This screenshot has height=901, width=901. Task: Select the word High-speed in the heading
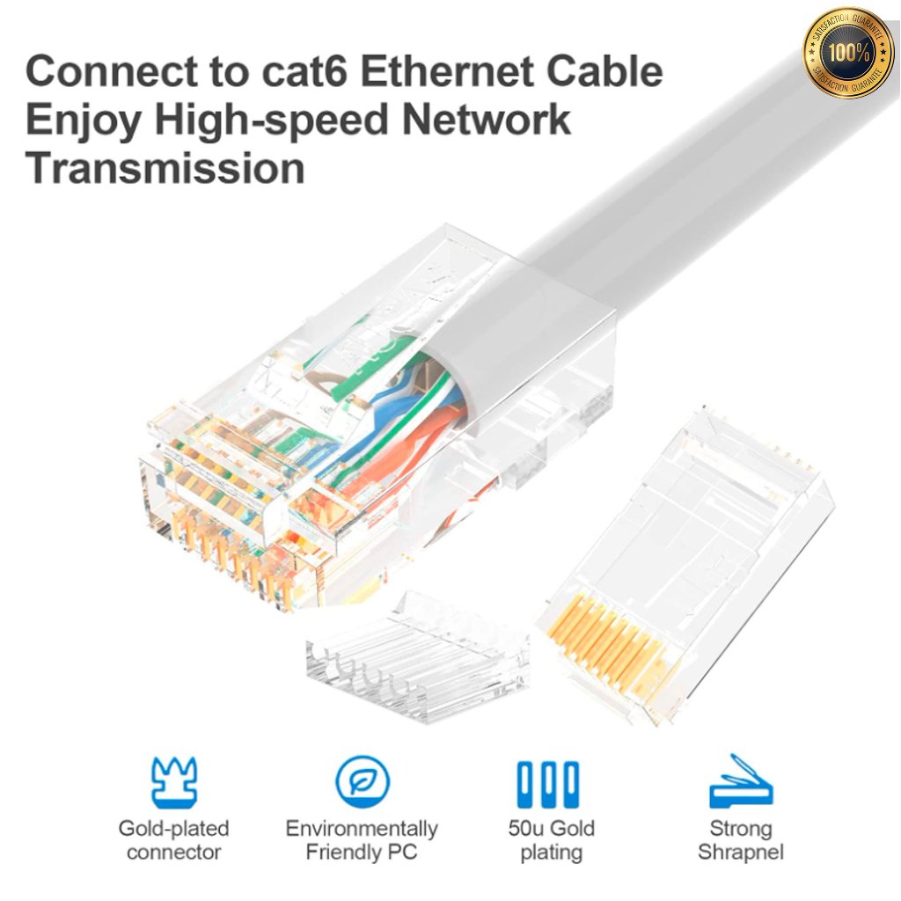[270, 119]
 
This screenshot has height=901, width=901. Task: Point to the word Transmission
[165, 167]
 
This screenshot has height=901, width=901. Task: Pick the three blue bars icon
[548, 783]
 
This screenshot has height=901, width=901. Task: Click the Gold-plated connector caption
[174, 840]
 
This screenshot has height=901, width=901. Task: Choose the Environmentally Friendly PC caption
[362, 840]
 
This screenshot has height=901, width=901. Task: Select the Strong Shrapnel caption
[740, 840]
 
